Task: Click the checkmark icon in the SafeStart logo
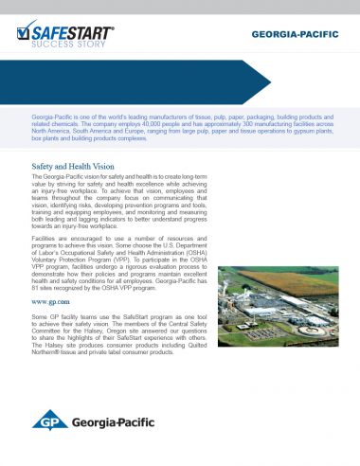click(27, 31)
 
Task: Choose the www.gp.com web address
click(50, 301)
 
